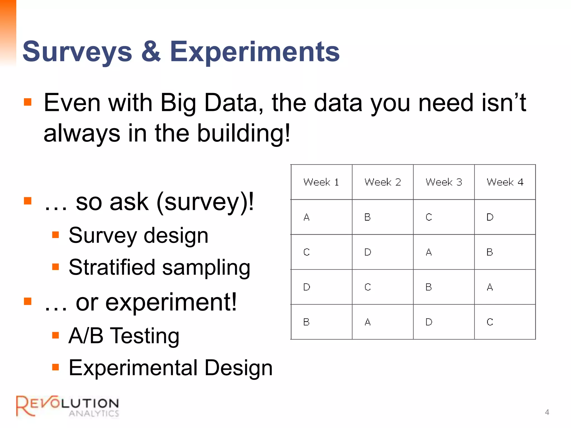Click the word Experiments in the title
pos(255,52)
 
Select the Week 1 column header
pos(321,182)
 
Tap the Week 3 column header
pos(444,182)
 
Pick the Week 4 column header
pos(505,182)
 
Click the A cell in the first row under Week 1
pos(306,217)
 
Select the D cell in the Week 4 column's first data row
pos(490,217)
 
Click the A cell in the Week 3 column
pos(429,252)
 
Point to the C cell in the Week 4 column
pos(490,322)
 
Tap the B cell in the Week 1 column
pos(306,322)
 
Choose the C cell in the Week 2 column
pos(367,287)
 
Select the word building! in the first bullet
pos(244,133)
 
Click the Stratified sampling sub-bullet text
pos(159,267)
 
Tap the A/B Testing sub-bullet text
pos(124,336)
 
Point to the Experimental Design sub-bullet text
pos(170,368)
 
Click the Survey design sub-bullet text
pos(138,235)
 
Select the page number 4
pos(547,412)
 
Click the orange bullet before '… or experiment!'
pos(28,301)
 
